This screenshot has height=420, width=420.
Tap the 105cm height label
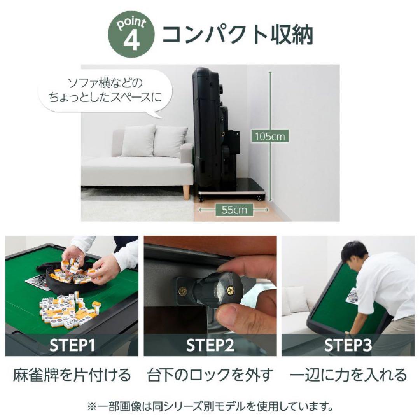click(x=270, y=136)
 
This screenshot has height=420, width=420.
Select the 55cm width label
click(x=234, y=210)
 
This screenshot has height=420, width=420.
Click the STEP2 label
click(x=210, y=345)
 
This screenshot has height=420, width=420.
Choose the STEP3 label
click(x=348, y=345)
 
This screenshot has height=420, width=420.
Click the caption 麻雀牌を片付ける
click(x=72, y=376)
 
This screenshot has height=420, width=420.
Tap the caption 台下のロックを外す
click(x=210, y=376)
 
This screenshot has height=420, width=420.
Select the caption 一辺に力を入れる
click(x=348, y=376)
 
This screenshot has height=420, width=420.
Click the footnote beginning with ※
click(x=210, y=407)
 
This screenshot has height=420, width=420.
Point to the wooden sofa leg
click(x=186, y=192)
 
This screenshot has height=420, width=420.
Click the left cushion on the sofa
click(x=138, y=141)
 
